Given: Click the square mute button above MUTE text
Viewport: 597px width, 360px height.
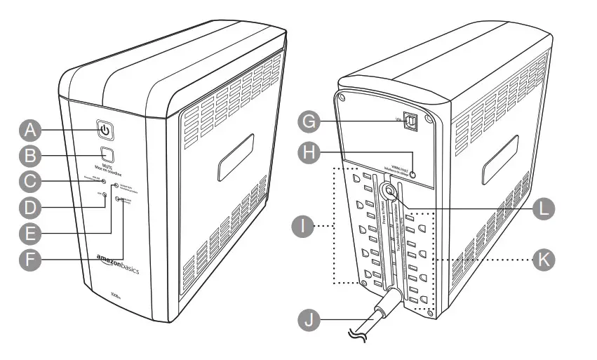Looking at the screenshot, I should tap(106, 154).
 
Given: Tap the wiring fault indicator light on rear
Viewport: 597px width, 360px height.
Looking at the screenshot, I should tap(415, 174).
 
